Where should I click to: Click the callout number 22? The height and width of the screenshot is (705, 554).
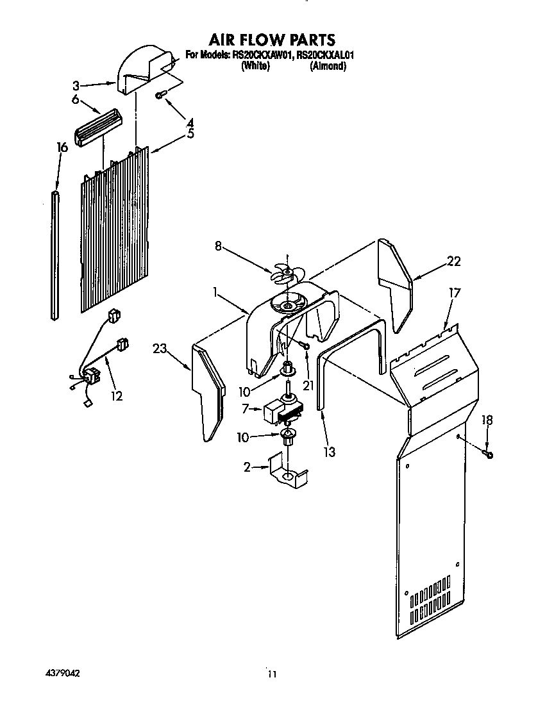coord(453,261)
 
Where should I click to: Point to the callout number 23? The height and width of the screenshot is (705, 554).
coord(159,349)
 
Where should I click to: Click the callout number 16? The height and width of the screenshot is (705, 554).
coord(62,148)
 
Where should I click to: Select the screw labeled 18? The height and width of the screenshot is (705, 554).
coord(489,454)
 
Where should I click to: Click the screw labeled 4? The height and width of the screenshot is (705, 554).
coord(161,95)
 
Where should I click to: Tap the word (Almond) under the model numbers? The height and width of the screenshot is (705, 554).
coord(328,66)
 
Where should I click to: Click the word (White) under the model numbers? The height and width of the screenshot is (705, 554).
coord(254,66)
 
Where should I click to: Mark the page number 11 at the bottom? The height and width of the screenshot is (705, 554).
coord(273,674)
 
